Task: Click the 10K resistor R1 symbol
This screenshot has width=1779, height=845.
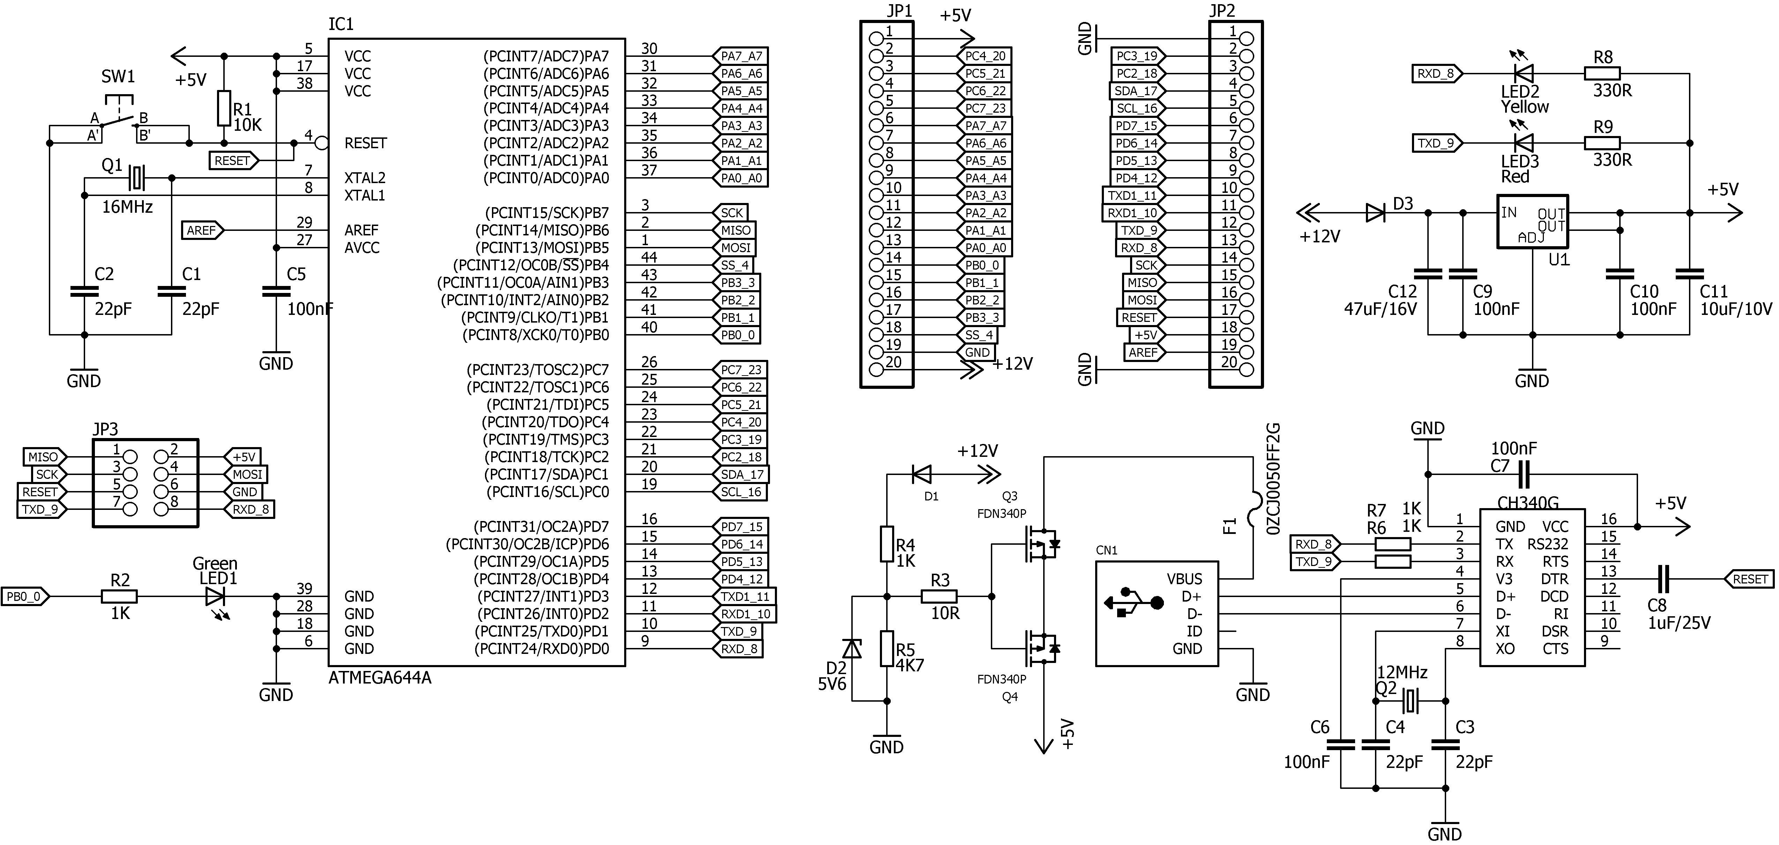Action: click(x=223, y=108)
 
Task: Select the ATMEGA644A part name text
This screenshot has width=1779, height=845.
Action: click(x=380, y=678)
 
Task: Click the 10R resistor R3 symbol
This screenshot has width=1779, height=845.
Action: click(x=939, y=596)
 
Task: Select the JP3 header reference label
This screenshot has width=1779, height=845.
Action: click(x=106, y=429)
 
